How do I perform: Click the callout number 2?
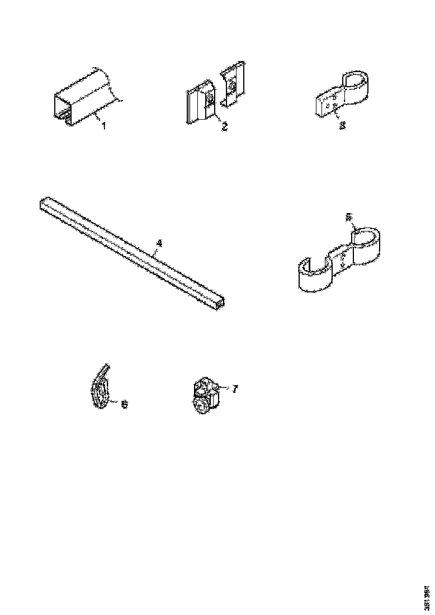pos(224,126)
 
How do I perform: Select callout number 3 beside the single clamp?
pos(343,126)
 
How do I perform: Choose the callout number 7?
pos(235,389)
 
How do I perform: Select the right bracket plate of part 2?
pos(232,87)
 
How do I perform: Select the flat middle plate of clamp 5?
pos(342,258)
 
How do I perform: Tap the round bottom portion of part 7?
pos(202,406)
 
